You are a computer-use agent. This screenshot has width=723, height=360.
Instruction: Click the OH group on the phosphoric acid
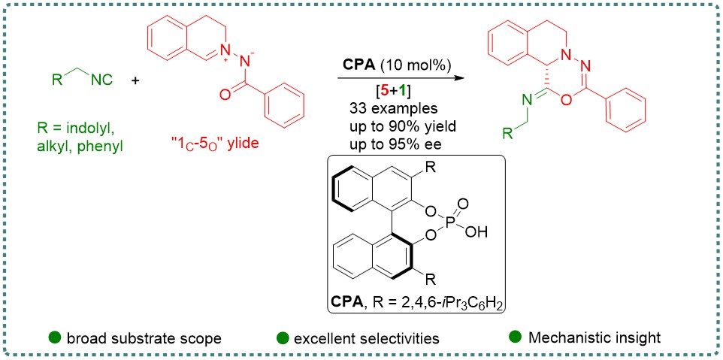click(486, 234)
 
